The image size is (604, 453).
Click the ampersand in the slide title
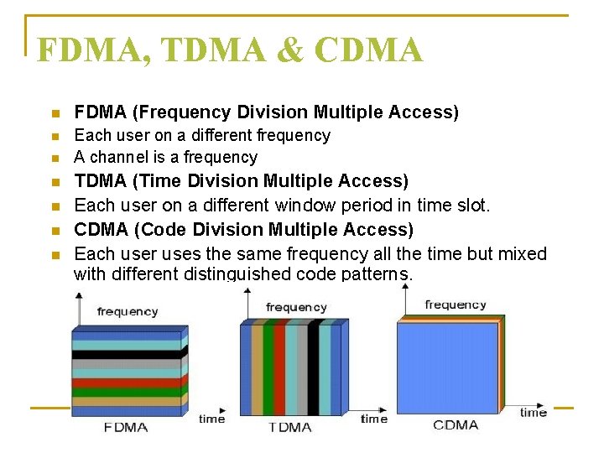pyautogui.click(x=289, y=51)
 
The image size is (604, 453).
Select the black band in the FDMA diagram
pyautogui.click(x=126, y=355)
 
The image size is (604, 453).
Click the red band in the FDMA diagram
pyautogui.click(x=126, y=383)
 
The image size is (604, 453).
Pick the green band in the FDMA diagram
pyautogui.click(x=126, y=392)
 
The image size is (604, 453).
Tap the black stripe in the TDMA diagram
pyautogui.click(x=313, y=369)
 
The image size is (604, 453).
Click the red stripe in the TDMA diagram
pyautogui.click(x=279, y=369)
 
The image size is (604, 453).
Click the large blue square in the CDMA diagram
pyautogui.click(x=446, y=367)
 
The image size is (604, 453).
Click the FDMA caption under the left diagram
pyautogui.click(x=125, y=427)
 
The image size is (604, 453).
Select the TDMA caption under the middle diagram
pyautogui.click(x=289, y=427)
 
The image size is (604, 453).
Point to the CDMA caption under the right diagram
pyautogui.click(x=456, y=424)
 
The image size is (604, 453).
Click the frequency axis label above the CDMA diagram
pyautogui.click(x=455, y=305)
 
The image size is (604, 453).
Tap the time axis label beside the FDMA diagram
pyautogui.click(x=211, y=418)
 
